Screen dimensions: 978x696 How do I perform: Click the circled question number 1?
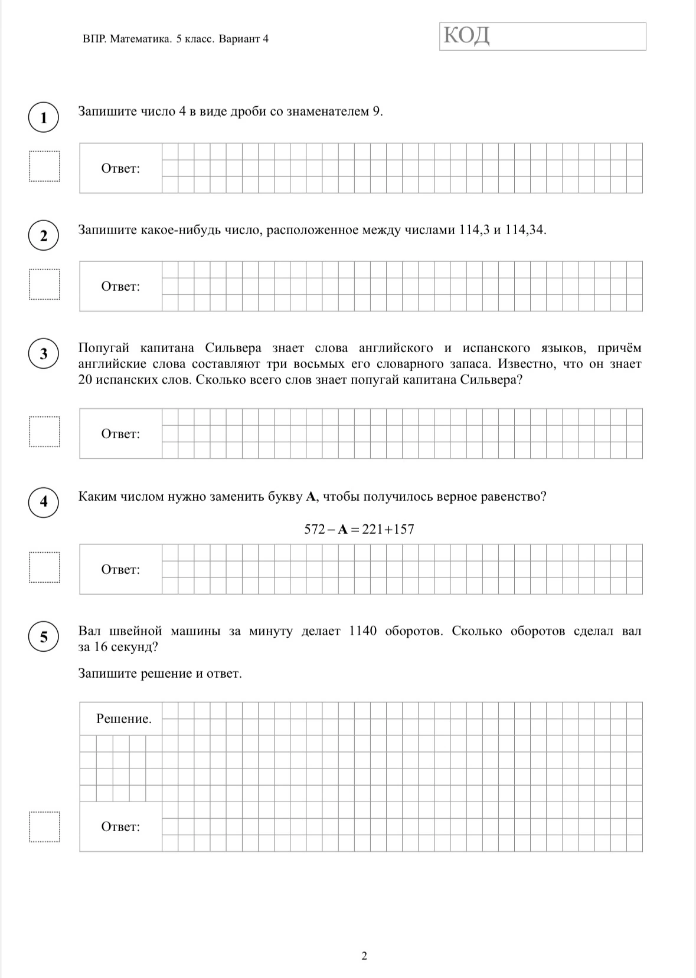[x=44, y=117]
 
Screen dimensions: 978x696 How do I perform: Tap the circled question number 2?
[x=44, y=235]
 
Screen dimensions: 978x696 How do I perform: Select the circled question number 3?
[x=44, y=353]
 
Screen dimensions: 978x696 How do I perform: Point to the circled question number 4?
[x=44, y=502]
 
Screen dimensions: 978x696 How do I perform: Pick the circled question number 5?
[x=44, y=637]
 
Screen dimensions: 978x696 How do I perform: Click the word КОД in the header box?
[x=466, y=36]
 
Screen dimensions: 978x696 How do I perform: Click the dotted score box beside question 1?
[x=45, y=167]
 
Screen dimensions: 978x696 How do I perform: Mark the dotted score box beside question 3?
[x=45, y=432]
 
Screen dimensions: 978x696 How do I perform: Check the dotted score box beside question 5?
[x=45, y=827]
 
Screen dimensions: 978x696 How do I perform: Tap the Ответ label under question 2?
[x=120, y=287]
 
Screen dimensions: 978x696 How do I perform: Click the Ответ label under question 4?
[x=120, y=570]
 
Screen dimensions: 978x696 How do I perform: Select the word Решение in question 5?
[x=123, y=719]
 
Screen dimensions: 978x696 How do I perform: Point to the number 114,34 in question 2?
[x=525, y=230]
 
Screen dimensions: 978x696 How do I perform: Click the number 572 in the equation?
[x=315, y=530]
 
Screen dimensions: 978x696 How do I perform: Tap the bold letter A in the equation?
[x=342, y=530]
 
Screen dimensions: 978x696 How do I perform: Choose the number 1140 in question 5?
[x=362, y=631]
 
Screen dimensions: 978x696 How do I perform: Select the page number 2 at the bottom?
[x=364, y=956]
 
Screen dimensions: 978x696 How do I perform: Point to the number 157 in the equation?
[x=404, y=530]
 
